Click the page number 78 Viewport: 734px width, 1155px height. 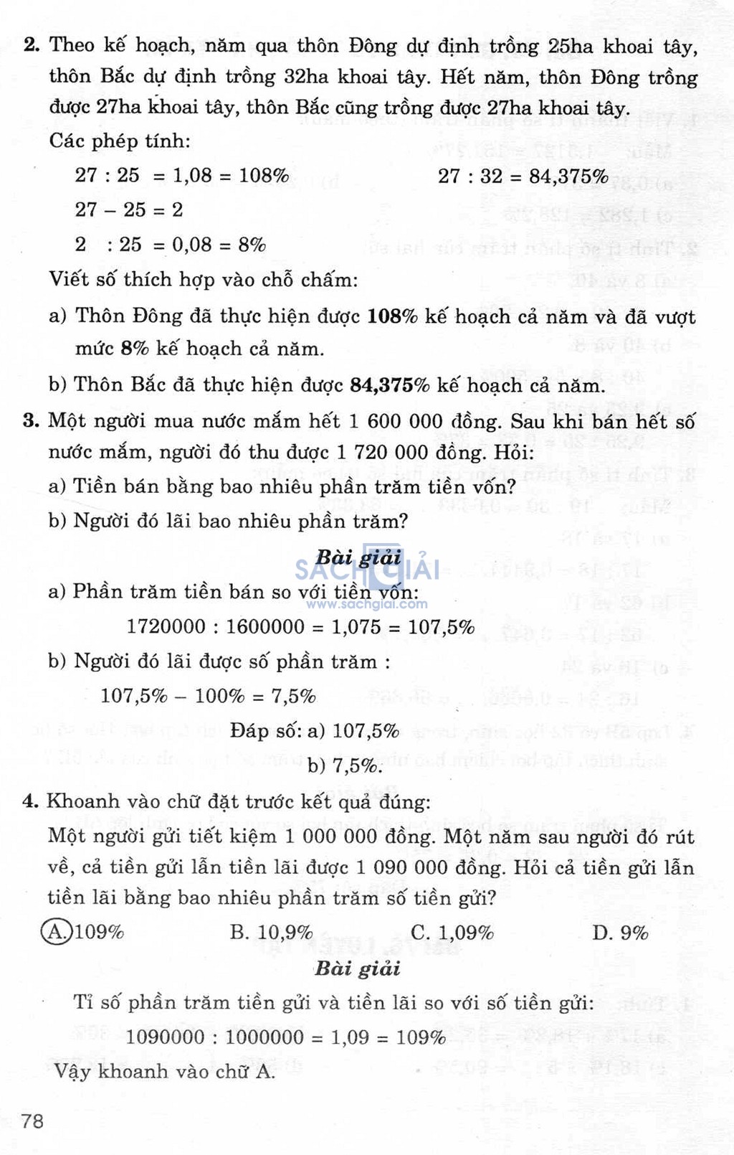(33, 1120)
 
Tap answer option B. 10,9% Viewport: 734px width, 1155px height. (271, 933)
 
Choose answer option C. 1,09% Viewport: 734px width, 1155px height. (452, 933)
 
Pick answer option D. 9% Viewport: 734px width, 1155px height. (620, 933)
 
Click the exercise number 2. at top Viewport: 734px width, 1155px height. (32, 45)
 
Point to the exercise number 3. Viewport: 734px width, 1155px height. (31, 420)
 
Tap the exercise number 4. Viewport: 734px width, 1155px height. (30, 801)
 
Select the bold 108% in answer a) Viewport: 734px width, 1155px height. (392, 316)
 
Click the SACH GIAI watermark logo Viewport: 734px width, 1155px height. (366, 570)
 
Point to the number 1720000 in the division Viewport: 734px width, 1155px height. (166, 626)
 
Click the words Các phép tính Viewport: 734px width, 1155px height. (120, 141)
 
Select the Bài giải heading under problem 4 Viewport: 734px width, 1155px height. (357, 969)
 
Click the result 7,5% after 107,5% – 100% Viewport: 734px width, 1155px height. (293, 696)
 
